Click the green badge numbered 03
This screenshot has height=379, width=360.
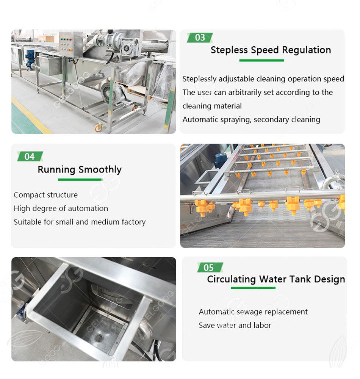[x=200, y=38]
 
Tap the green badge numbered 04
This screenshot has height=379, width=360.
[x=30, y=157]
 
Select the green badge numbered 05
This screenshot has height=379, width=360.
[x=209, y=268]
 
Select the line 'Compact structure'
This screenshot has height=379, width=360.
[x=45, y=195]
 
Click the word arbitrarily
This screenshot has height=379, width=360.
[x=248, y=92]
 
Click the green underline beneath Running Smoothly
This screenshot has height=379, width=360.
[x=80, y=179]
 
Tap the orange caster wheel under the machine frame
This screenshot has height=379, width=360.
[x=99, y=128]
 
